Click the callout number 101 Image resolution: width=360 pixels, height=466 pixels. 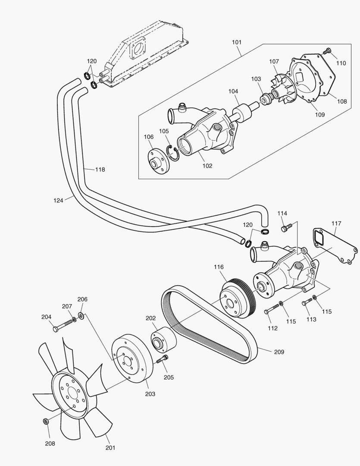[x=236, y=42]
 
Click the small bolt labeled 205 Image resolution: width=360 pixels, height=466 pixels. [x=162, y=359]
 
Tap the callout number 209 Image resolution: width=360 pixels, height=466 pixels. [x=279, y=352]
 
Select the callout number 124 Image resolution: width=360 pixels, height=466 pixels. [x=59, y=200]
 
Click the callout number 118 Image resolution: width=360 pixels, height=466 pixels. [x=100, y=170]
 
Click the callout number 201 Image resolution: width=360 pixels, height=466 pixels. [x=110, y=448]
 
